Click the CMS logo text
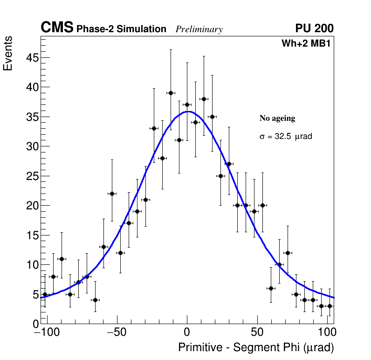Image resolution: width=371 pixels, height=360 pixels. tap(57, 28)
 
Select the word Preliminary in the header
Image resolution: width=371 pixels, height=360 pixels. tap(199, 29)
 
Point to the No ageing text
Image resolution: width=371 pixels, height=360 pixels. tap(277, 118)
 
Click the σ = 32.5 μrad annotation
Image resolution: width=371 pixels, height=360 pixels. tap(286, 137)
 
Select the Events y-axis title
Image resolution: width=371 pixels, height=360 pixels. tap(8, 53)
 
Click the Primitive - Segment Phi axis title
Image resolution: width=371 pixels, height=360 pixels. tap(256, 348)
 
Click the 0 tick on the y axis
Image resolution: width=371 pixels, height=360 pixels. tap(34, 324)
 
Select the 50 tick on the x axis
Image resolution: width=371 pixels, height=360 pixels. tap(257, 333)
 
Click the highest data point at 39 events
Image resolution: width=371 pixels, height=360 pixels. tap(171, 93)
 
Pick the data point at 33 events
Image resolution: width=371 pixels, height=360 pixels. tap(154, 128)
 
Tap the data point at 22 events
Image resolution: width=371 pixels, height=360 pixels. tap(112, 194)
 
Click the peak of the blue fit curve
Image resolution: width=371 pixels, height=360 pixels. tap(187, 111)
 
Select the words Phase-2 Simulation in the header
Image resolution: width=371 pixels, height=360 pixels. tap(121, 29)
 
